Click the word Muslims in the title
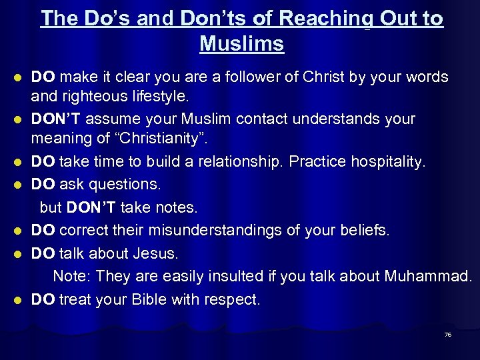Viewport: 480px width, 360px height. [x=241, y=44]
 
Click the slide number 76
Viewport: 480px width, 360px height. [x=448, y=334]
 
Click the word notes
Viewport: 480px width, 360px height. [x=176, y=208]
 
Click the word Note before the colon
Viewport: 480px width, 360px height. [x=71, y=276]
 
